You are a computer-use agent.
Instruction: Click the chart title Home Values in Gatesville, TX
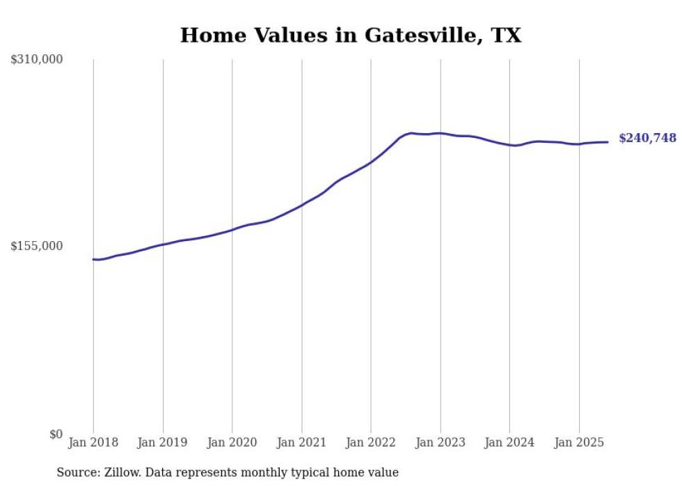click(350, 36)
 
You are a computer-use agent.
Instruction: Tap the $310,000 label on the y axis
click(37, 60)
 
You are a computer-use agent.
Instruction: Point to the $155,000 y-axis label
click(37, 246)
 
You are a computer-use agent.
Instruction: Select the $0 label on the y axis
click(56, 434)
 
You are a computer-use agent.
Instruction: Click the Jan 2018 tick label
click(93, 442)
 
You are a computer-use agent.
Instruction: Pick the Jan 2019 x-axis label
click(163, 442)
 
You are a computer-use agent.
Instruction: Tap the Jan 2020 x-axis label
click(232, 442)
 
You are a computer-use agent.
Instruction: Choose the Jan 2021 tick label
click(301, 442)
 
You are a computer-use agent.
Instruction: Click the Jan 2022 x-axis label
click(371, 442)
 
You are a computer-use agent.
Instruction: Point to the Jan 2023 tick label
click(441, 442)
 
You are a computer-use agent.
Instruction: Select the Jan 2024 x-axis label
click(509, 442)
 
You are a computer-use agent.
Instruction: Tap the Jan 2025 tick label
click(579, 442)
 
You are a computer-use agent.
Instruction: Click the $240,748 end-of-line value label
click(647, 139)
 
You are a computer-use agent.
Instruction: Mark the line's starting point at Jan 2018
click(93, 259)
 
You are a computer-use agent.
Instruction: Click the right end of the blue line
click(608, 142)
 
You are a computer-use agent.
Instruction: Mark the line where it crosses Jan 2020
click(232, 229)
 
